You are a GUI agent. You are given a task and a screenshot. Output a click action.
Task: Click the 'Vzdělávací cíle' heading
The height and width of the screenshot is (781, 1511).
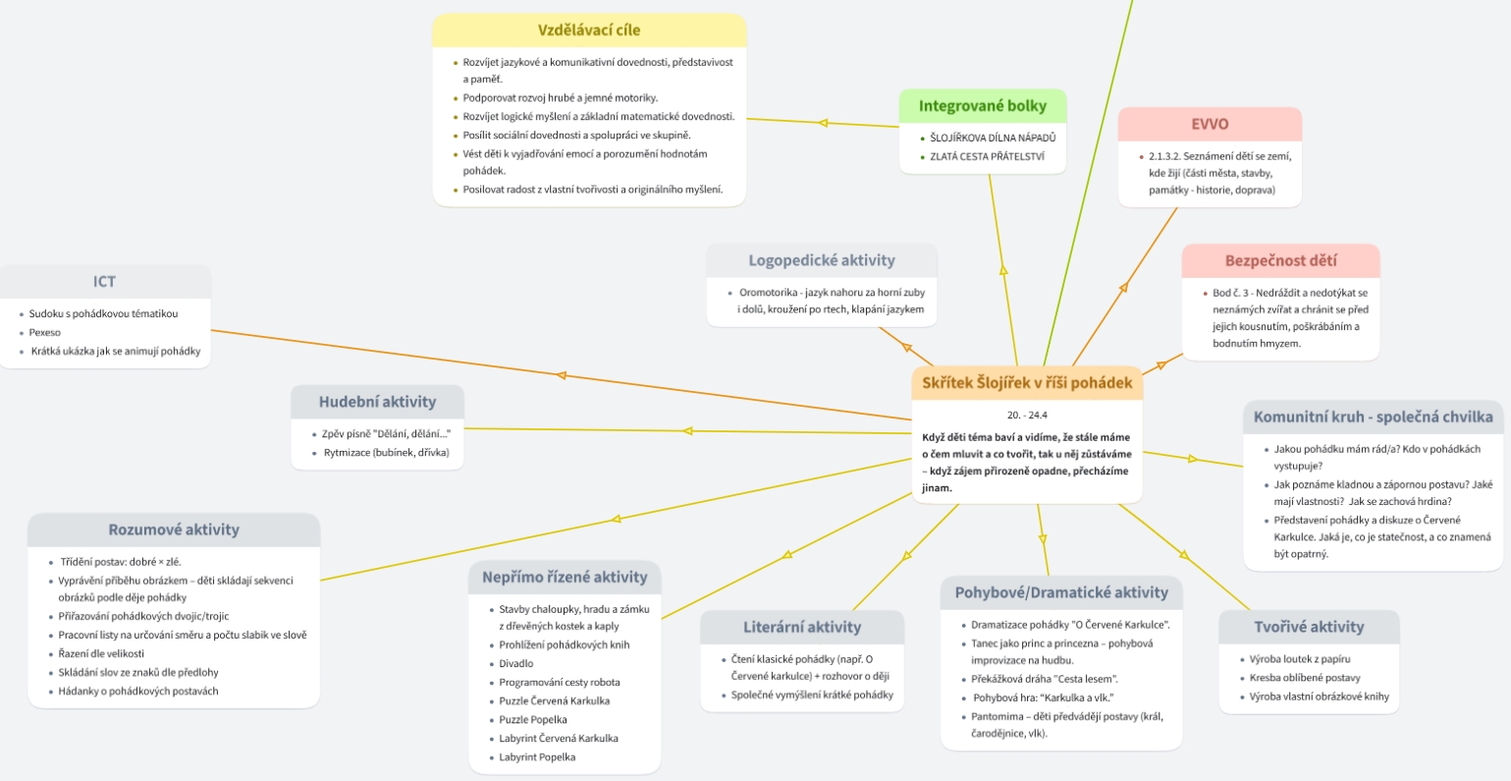coord(589,30)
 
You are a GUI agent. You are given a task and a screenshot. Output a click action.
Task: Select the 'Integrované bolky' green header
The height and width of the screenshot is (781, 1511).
coord(982,106)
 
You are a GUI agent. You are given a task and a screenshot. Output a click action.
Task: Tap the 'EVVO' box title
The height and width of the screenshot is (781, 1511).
coord(1210,125)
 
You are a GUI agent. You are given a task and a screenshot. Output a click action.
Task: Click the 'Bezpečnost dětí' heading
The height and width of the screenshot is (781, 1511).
coord(1280,261)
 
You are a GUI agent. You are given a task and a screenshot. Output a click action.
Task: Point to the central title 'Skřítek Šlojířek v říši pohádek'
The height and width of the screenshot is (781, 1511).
coord(1027,383)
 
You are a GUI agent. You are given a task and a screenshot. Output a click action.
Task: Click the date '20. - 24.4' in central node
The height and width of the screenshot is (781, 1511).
coord(1027,415)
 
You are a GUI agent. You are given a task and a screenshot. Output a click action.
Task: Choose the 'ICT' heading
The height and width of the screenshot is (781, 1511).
coord(104,282)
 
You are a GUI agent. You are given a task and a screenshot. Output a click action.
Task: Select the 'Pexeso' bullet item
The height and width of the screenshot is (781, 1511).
coord(45,333)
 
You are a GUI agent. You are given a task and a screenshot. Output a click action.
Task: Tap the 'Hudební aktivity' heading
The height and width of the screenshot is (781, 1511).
coord(377,402)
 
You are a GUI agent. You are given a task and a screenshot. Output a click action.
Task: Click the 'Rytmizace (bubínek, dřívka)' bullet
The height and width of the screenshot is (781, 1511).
coord(386,453)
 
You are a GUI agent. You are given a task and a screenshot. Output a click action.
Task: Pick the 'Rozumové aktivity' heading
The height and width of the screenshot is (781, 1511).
coord(174,530)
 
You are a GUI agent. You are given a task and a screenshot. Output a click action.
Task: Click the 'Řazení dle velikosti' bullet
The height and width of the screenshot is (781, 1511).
coord(101,653)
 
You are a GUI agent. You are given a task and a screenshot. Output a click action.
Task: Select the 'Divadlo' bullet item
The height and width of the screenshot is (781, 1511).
coord(516,663)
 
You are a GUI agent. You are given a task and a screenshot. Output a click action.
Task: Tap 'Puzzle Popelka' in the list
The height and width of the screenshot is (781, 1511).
coord(533,720)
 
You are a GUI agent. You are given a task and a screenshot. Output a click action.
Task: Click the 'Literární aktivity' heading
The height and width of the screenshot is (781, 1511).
coord(801,627)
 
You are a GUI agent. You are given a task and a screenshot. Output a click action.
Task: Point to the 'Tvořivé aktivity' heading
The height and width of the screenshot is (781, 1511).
coord(1309,627)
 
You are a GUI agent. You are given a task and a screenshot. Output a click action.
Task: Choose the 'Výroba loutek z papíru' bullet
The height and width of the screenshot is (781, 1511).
coord(1300,658)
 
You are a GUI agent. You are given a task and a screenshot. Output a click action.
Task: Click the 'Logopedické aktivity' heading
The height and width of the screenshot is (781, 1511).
coord(822,260)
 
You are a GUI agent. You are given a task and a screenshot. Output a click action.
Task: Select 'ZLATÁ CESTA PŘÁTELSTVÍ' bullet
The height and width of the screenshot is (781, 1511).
coord(987,156)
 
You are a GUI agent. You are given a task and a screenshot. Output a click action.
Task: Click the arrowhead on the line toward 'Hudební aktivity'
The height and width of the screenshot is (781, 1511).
coord(688,430)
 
